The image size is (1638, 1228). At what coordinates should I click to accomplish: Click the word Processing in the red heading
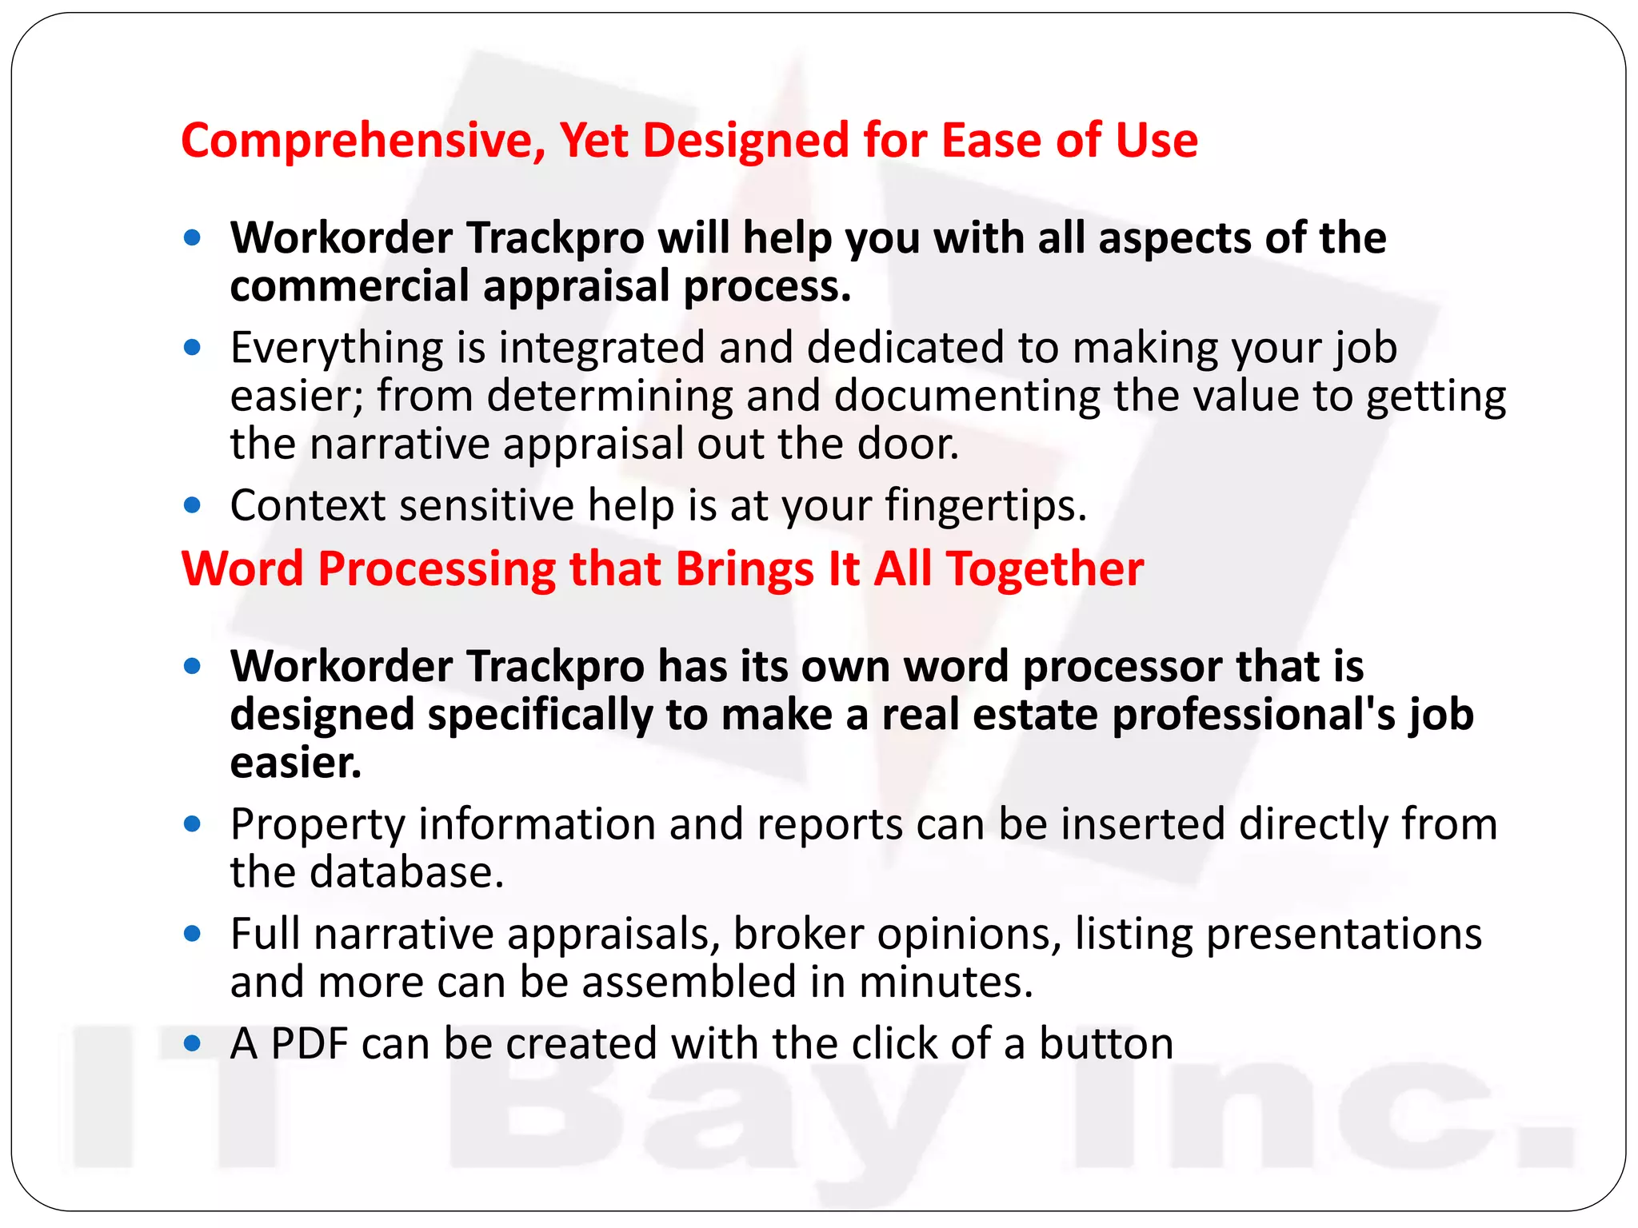click(x=437, y=569)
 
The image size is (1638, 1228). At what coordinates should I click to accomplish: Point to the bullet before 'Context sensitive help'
click(x=192, y=505)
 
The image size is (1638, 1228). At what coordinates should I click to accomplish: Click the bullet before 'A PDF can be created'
click(x=192, y=1043)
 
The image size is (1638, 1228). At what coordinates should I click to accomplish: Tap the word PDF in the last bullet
click(x=310, y=1043)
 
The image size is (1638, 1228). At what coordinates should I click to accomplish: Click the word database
click(x=407, y=872)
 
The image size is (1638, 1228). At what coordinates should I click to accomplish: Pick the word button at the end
click(x=1106, y=1043)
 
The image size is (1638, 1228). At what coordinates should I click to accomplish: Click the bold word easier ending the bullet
click(x=295, y=763)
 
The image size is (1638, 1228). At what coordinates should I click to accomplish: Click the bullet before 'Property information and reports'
click(x=192, y=824)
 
